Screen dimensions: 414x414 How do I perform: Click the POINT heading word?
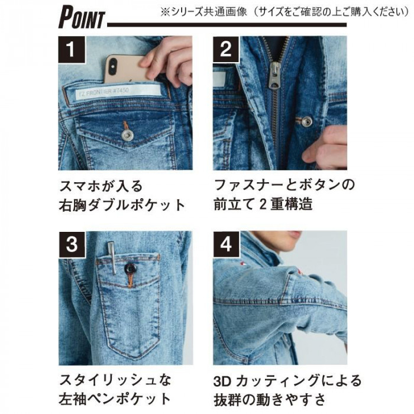pyautogui.click(x=82, y=17)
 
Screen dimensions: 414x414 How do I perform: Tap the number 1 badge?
pyautogui.click(x=72, y=49)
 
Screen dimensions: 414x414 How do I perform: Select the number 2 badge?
pyautogui.click(x=226, y=49)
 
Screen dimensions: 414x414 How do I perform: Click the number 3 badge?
pyautogui.click(x=72, y=244)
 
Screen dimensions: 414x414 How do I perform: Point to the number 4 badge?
pyautogui.click(x=227, y=244)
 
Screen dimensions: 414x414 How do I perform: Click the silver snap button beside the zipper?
pyautogui.click(x=307, y=121)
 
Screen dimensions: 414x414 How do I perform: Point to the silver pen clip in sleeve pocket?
pyautogui.click(x=112, y=257)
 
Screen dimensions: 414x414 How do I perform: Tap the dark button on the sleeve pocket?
pyautogui.click(x=131, y=269)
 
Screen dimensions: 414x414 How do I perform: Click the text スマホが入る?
pyautogui.click(x=101, y=186)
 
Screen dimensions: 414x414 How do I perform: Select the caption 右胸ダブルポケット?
pyautogui.click(x=122, y=205)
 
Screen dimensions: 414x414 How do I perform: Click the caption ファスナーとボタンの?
pyautogui.click(x=284, y=185)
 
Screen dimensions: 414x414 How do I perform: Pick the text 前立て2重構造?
pyautogui.click(x=263, y=205)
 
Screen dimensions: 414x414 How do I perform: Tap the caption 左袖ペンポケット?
pyautogui.click(x=115, y=399)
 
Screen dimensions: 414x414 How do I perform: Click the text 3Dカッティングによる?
pyautogui.click(x=287, y=380)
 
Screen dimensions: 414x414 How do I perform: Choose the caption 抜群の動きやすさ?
pyautogui.click(x=269, y=400)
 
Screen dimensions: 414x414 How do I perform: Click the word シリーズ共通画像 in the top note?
pyautogui.click(x=209, y=12)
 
